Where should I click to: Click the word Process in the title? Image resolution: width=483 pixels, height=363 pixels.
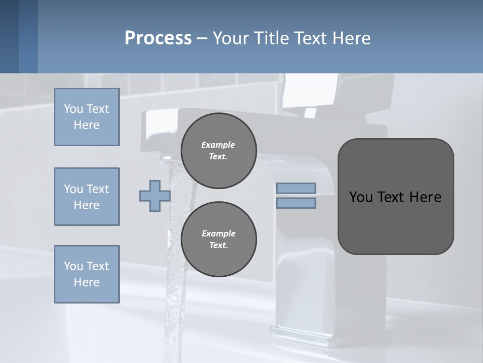coord(158,38)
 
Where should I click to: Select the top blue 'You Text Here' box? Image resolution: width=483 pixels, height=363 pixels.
coord(87,117)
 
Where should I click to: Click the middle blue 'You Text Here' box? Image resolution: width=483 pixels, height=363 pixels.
coord(87,197)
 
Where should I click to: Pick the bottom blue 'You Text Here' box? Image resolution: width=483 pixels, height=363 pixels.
coord(87,274)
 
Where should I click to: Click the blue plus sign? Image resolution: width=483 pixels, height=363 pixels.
coord(154,196)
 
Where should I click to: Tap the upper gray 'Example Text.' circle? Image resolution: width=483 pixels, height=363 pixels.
coord(219,151)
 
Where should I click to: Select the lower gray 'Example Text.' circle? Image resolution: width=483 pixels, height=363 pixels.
coord(219,239)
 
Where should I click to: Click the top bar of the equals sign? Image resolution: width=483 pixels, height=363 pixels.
coord(296,188)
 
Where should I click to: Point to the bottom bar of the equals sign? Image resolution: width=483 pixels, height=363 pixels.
coord(296,203)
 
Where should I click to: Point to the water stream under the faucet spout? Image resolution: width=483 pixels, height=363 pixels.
coord(176,282)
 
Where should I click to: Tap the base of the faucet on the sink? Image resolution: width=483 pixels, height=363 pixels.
coord(307,335)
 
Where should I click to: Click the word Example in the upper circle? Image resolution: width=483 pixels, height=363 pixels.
coord(218,145)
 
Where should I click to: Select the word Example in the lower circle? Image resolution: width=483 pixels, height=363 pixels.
coord(218,233)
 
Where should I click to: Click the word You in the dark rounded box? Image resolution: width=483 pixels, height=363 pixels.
coord(361,197)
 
